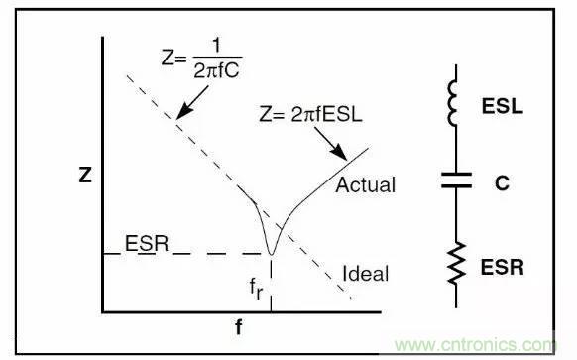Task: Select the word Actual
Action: (x=366, y=185)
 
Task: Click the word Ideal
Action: (x=365, y=274)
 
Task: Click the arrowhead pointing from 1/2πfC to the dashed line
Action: (x=181, y=115)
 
